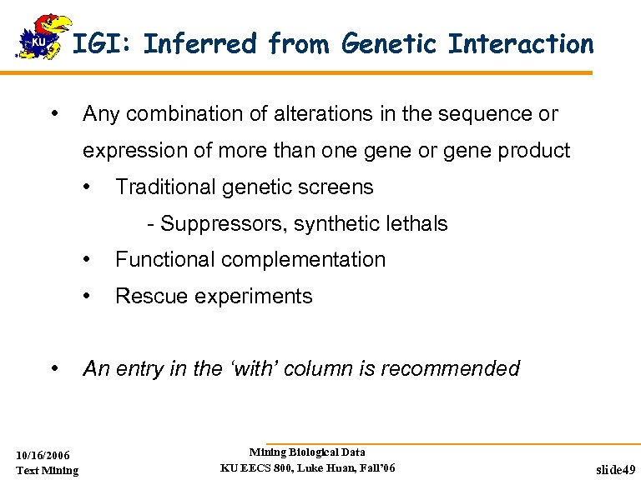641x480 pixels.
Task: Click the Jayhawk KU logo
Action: [39, 37]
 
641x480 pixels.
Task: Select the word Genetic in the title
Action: [387, 43]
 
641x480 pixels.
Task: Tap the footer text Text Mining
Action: [48, 471]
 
